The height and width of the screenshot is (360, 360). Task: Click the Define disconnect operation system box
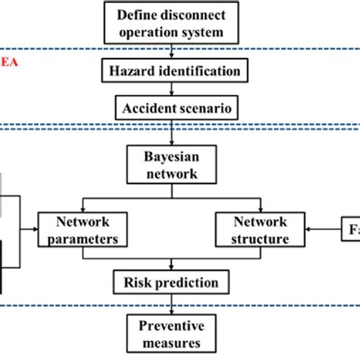[x=174, y=24]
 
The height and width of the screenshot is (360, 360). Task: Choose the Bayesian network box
[x=174, y=163]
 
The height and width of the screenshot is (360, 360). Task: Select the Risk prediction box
[x=174, y=283]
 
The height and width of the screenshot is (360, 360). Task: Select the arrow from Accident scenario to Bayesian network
[x=174, y=133]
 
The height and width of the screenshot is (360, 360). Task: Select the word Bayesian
[x=174, y=155]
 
